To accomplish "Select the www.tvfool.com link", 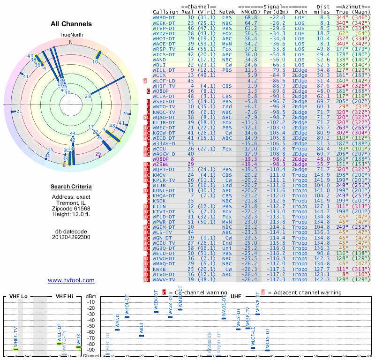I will click(71, 280).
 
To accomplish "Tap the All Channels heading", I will click(71, 24).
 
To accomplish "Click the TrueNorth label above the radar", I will click(71, 35).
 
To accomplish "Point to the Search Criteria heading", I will click(71, 187).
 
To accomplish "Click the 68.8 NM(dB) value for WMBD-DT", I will click(250, 17).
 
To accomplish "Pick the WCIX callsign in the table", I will click(161, 75).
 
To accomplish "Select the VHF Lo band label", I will click(18, 297).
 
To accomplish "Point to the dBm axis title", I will click(90, 297).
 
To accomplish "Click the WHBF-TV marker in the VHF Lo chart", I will click(16, 349).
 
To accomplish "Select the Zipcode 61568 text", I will click(71, 209).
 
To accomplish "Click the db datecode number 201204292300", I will click(71, 237).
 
